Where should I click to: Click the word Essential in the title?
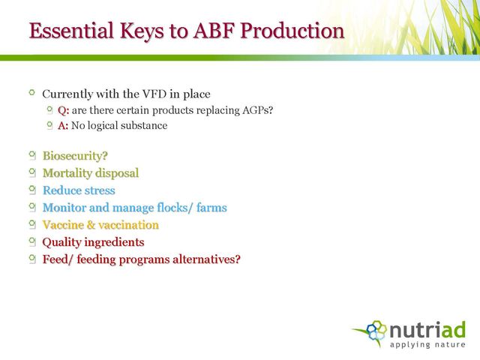tap(71, 31)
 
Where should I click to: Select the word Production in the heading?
tap(292, 31)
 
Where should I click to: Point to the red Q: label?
tap(63, 110)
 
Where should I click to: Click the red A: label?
tap(63, 125)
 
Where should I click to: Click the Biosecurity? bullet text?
tap(75, 156)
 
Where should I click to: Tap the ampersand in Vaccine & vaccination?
tap(91, 225)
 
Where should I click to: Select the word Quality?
tap(61, 242)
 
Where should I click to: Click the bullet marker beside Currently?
tap(31, 92)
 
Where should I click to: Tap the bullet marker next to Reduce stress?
tap(32, 190)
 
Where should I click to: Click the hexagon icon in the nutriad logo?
tap(376, 330)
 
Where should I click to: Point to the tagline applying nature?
tap(427, 345)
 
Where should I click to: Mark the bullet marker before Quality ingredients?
tap(32, 242)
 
